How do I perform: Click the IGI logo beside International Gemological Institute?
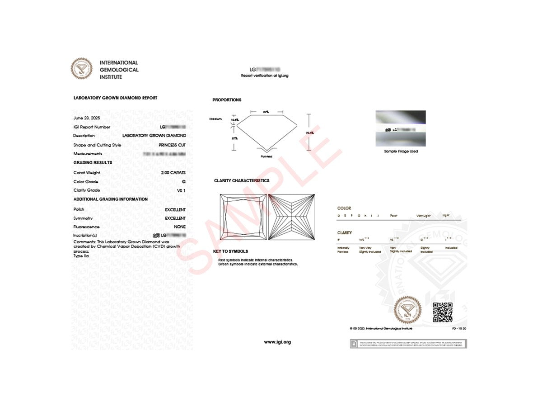click(81, 69)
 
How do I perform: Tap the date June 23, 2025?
click(87, 118)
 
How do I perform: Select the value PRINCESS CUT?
click(172, 145)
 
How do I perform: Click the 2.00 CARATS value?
click(173, 173)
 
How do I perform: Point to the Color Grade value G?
click(183, 182)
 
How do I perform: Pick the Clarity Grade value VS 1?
click(181, 190)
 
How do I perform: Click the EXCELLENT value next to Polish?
click(175, 210)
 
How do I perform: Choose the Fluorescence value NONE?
click(180, 227)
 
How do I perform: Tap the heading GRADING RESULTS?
click(93, 162)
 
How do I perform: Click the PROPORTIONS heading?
click(227, 100)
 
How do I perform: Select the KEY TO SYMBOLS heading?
click(230, 251)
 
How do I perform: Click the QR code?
click(443, 312)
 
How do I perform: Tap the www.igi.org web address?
click(277, 342)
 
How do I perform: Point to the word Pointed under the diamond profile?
click(266, 156)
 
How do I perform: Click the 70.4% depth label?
click(310, 133)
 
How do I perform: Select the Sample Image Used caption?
click(401, 151)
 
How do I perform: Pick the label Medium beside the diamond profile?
click(215, 119)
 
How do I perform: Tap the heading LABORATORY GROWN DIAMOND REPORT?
click(115, 98)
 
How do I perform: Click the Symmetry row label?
click(83, 218)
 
